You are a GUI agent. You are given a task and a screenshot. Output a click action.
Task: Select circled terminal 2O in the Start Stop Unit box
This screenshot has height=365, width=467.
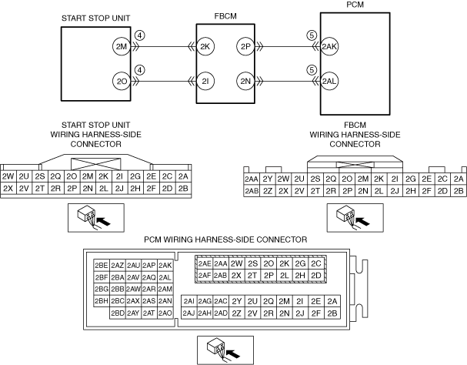120,81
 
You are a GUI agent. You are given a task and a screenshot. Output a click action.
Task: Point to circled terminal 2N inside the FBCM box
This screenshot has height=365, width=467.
245,81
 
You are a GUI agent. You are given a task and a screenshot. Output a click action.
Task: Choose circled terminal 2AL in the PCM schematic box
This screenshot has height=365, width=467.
330,81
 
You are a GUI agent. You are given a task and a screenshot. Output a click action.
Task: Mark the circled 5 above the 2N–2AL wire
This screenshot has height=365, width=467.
312,69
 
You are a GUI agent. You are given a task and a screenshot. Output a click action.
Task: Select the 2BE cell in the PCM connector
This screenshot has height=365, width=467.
102,266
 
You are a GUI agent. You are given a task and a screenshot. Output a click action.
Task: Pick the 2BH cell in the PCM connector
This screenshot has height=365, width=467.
102,301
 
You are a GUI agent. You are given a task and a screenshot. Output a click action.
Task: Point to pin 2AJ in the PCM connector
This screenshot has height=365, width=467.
188,313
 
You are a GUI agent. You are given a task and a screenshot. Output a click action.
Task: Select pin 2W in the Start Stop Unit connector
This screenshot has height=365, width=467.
8,176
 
